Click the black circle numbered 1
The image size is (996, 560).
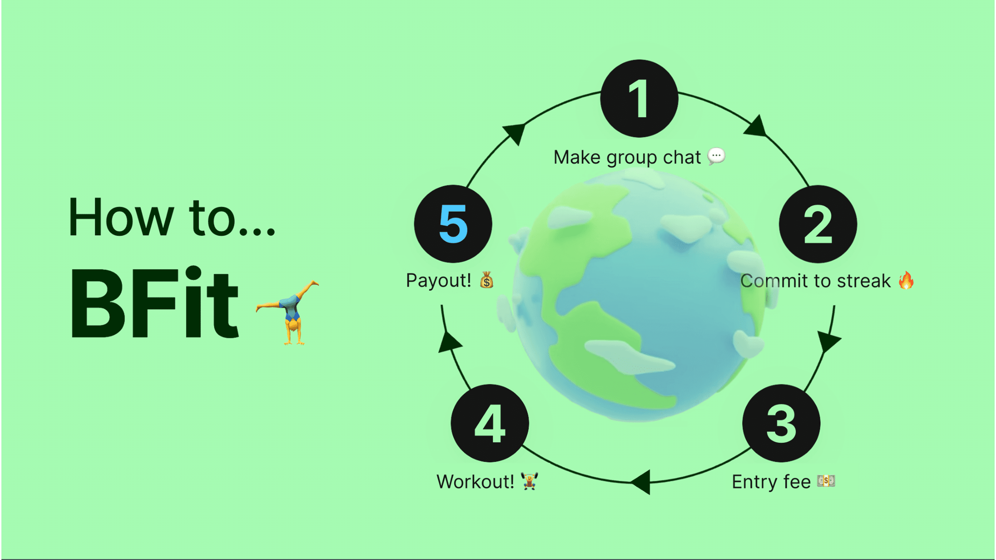click(x=639, y=99)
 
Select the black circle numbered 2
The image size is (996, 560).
click(x=818, y=224)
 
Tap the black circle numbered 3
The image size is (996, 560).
click(x=781, y=423)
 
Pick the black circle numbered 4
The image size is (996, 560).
click(x=490, y=423)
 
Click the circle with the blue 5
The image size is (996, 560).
click(x=453, y=224)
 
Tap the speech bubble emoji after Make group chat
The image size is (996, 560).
click(x=716, y=157)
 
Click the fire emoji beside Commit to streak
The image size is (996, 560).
click(x=906, y=280)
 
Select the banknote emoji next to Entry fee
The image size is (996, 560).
click(x=826, y=481)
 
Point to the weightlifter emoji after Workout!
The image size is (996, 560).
click(x=529, y=481)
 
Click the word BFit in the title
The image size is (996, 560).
click(x=155, y=303)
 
